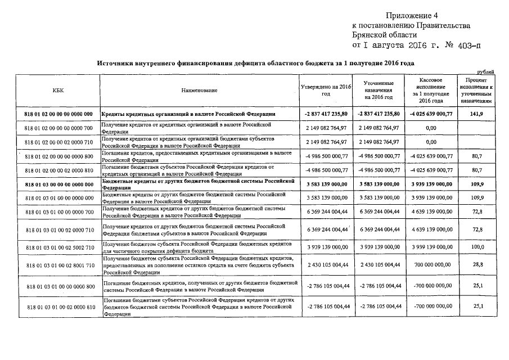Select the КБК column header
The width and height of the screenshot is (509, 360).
[58, 90]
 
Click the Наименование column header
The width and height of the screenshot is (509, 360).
[199, 90]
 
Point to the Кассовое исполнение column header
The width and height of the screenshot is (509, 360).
[431, 90]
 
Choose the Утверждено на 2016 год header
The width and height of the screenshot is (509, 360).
[326, 90]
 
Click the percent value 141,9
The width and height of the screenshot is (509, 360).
[477, 114]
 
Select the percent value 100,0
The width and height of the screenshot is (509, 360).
[478, 247]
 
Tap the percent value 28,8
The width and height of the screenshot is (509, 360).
[478, 264]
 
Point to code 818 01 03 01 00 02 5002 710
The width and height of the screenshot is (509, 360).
[58, 247]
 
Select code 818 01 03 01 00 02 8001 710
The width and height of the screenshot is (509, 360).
[58, 264]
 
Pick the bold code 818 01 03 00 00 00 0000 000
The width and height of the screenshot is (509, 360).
[58, 184]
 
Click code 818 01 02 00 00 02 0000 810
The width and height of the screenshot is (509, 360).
[58, 169]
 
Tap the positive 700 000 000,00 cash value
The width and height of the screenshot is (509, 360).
[431, 264]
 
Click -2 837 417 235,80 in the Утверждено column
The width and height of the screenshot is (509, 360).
[326, 114]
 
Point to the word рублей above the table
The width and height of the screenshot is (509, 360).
[485, 72]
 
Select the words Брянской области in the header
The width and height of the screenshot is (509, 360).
[384, 35]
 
